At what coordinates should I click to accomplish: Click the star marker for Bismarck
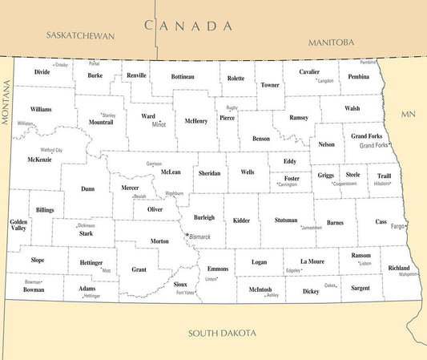pos(187,235)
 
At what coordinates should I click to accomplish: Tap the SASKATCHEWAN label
pos(81,36)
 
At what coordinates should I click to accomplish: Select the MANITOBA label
pos(331,42)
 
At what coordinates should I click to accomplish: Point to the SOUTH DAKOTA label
pos(222,333)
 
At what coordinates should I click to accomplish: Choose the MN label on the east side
pos(409,115)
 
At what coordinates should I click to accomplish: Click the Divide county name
pos(42,71)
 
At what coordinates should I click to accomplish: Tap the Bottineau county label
pos(183,77)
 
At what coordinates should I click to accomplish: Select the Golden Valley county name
pos(18,224)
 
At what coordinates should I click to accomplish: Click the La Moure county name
pos(313,261)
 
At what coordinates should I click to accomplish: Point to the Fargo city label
pos(397,227)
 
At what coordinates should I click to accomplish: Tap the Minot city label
pos(159,125)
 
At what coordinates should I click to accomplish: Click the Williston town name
pos(26,123)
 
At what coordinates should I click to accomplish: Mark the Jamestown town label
pos(311,228)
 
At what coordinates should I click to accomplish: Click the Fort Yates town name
pos(186,293)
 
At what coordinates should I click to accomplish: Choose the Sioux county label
pos(180,285)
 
